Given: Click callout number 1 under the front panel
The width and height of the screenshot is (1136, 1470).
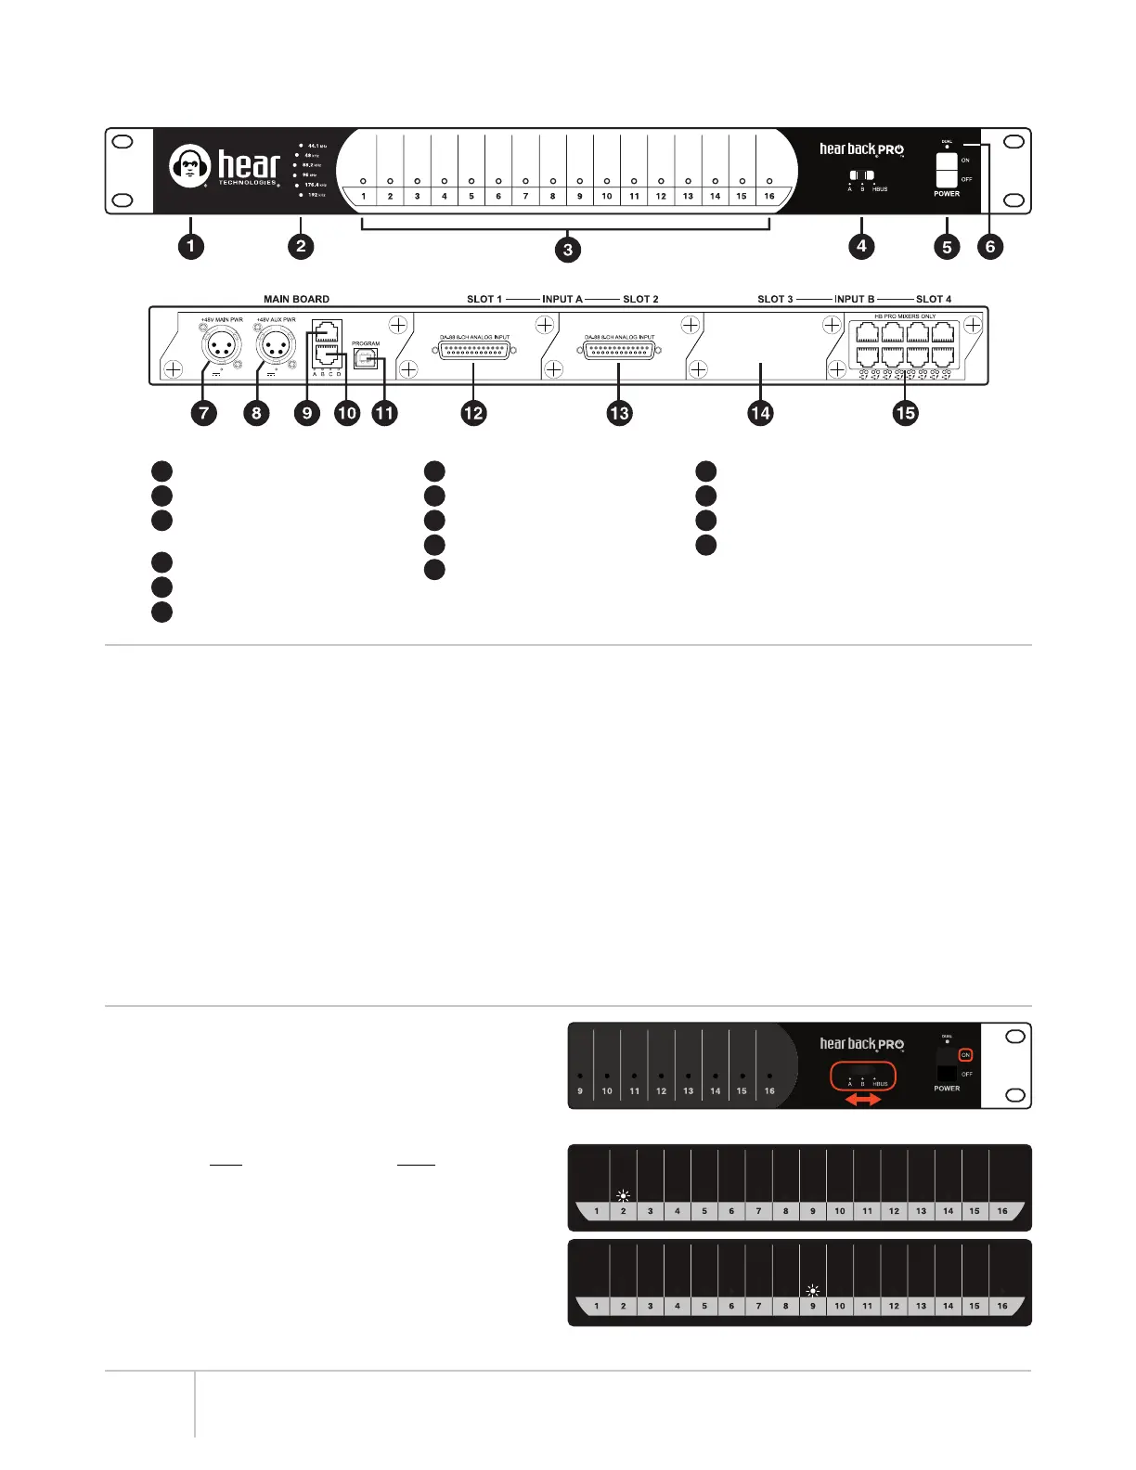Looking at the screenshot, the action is [x=191, y=246].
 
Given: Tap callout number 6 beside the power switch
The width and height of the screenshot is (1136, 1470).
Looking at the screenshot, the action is [x=990, y=246].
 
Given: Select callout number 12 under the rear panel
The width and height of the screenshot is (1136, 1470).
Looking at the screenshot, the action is [x=473, y=413].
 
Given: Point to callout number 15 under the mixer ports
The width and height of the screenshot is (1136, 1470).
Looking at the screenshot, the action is [x=905, y=413].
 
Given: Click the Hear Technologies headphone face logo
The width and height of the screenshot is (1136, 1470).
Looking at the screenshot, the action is [x=190, y=166].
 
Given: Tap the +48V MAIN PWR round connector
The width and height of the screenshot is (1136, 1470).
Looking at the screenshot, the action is [x=222, y=348].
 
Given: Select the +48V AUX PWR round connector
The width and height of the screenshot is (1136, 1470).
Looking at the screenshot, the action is [x=276, y=348].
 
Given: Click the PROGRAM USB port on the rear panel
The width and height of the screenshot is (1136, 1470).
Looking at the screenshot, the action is [x=366, y=358].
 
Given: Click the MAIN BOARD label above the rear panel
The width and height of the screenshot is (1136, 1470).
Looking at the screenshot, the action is [x=296, y=299].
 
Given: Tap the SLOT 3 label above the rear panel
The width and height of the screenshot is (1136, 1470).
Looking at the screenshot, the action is [x=775, y=299].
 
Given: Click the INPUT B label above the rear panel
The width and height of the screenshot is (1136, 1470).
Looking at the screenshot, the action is [x=854, y=299].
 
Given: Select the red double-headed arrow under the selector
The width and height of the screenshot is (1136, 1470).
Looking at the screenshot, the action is [x=862, y=1099].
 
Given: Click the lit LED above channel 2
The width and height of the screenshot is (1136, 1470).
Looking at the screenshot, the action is [x=623, y=1196].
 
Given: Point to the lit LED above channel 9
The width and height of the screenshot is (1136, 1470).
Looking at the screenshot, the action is [x=813, y=1291].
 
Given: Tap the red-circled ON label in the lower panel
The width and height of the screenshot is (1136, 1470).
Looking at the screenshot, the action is [x=965, y=1055].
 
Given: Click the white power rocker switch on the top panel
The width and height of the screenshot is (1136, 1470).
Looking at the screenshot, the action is [x=946, y=171].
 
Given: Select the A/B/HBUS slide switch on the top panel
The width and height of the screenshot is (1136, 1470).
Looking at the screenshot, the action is [x=862, y=175].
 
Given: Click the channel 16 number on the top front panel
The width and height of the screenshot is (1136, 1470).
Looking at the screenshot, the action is [x=769, y=196].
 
